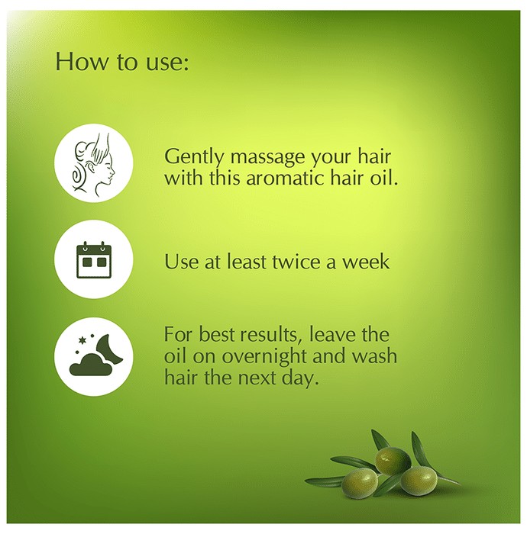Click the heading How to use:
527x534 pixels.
point(121,62)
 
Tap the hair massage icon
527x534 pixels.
point(93,163)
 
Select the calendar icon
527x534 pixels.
point(93,259)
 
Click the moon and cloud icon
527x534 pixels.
point(93,357)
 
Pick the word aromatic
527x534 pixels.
point(285,178)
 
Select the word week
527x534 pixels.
point(365,262)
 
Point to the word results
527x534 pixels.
point(269,334)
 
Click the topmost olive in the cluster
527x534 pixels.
point(393,461)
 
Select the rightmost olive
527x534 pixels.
point(419,480)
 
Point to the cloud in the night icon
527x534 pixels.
point(90,365)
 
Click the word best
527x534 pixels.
point(218,334)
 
